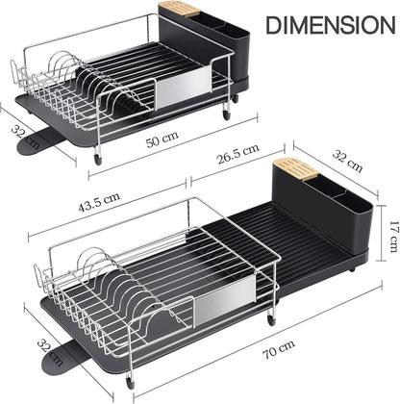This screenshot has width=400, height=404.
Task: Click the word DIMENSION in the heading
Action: (x=331, y=25)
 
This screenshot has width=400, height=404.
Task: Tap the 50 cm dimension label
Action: (x=162, y=139)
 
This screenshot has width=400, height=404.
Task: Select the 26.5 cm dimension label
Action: (x=238, y=153)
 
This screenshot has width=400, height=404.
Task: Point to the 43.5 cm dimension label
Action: (x=99, y=202)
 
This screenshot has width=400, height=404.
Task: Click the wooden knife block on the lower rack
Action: (x=295, y=167)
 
